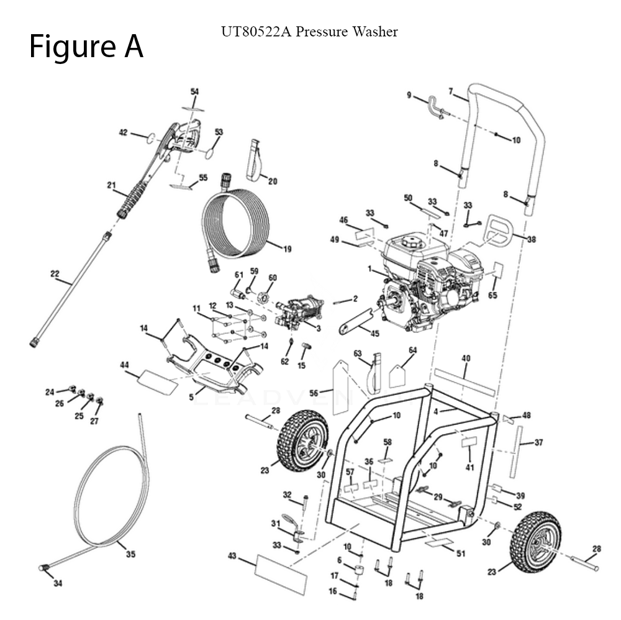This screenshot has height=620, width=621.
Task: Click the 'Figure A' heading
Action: [x=86, y=47]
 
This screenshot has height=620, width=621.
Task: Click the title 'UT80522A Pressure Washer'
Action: [x=309, y=32]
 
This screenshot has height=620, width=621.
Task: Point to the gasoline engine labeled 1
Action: [x=422, y=273]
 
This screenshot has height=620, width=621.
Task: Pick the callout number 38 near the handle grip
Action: [x=531, y=239]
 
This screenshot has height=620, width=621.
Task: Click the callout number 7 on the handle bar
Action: [x=451, y=91]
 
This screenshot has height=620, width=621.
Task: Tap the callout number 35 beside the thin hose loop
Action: [x=130, y=554]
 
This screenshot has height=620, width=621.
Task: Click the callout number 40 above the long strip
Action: [x=466, y=358]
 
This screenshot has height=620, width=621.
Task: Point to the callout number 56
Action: [x=314, y=392]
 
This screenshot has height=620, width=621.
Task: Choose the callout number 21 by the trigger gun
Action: [x=112, y=185]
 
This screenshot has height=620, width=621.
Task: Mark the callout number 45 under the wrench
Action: [x=374, y=334]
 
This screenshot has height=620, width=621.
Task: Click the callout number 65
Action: [x=492, y=296]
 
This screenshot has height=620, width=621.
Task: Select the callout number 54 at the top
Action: [x=194, y=92]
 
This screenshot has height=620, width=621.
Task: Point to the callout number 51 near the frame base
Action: [x=460, y=554]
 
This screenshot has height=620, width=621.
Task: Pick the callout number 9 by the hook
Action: [x=409, y=95]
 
